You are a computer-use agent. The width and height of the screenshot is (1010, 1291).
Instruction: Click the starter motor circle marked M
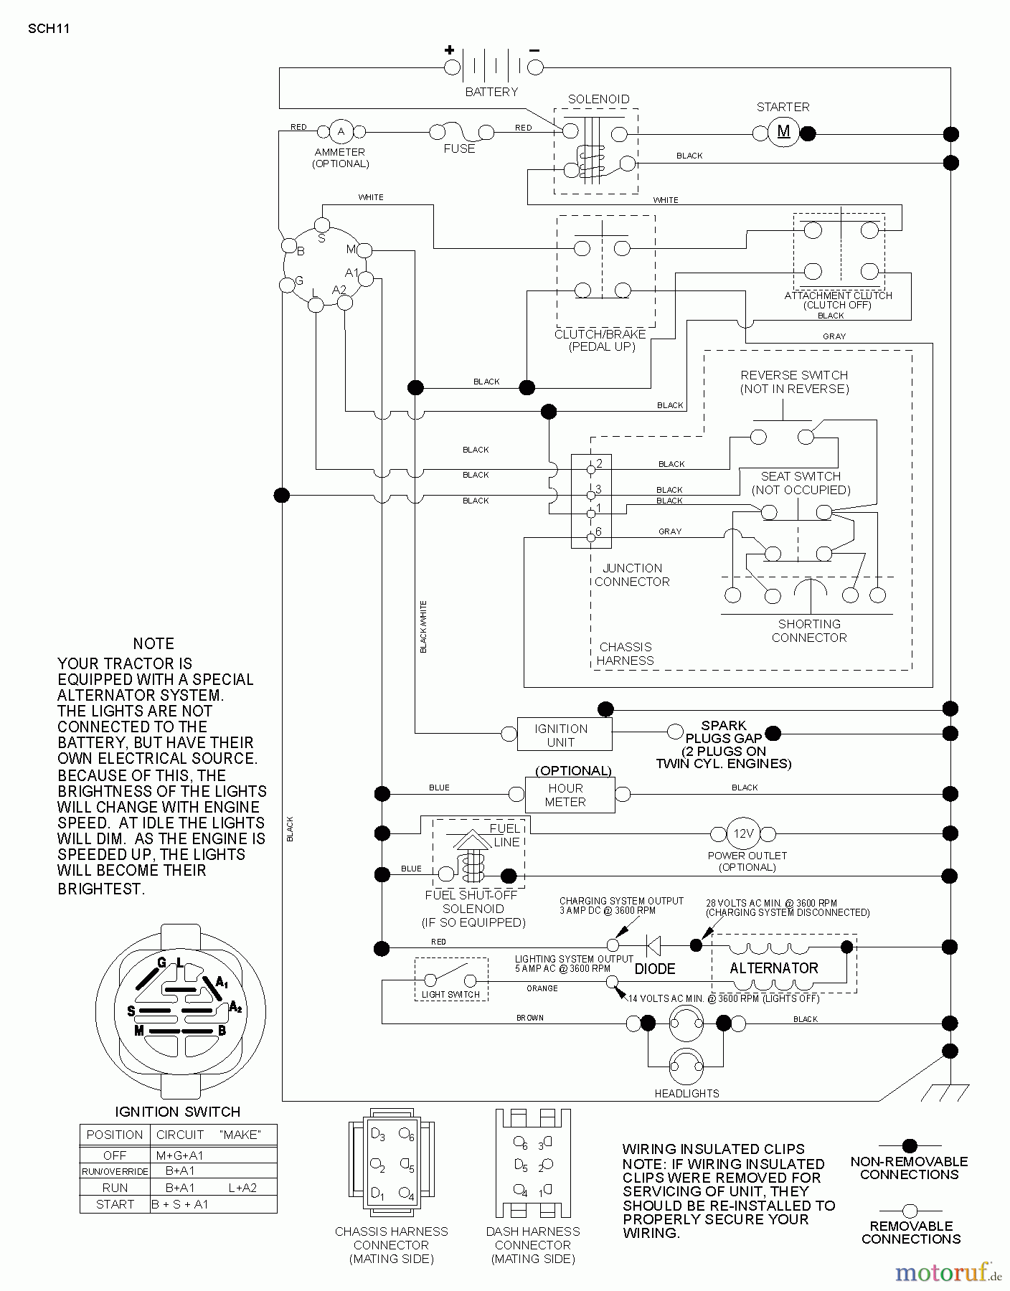tap(783, 132)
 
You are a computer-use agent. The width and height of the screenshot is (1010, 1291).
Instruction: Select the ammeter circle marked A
tap(341, 131)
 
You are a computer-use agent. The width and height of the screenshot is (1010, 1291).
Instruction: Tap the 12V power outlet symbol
tap(742, 833)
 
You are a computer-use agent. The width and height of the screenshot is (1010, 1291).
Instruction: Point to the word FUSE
tap(459, 149)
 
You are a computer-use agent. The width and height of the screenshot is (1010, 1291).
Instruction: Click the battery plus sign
tap(449, 49)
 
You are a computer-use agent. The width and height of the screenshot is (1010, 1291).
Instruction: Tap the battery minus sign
tap(534, 49)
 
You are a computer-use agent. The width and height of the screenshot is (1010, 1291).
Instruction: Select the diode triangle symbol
tap(653, 945)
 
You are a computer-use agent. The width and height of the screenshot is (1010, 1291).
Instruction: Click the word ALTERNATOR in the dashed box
tap(773, 968)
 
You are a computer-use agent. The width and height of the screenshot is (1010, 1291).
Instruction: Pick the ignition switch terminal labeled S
tap(322, 225)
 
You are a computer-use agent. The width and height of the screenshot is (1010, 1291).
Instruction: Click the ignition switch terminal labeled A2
tap(345, 303)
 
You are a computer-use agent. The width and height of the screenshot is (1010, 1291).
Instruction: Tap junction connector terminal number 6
tap(591, 536)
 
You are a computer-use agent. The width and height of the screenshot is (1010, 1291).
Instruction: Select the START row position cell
tap(115, 1204)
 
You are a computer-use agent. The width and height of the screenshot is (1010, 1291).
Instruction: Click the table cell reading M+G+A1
tap(179, 1155)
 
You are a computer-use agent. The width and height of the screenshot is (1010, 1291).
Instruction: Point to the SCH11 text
tap(48, 29)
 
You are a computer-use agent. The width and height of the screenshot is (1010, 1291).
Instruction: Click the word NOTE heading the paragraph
tap(154, 643)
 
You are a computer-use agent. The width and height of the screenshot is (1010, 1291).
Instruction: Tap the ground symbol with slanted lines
tap(944, 1092)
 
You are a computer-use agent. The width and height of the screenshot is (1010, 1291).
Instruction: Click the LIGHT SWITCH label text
tap(450, 994)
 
